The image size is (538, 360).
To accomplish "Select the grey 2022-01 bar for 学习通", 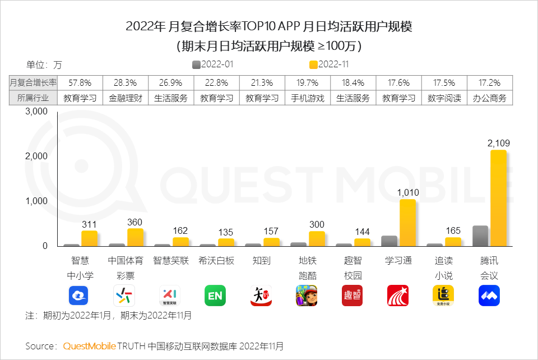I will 389,241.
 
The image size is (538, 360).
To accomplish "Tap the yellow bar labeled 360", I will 135,237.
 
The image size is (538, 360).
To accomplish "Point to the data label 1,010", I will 407,193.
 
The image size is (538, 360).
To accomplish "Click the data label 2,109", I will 498,144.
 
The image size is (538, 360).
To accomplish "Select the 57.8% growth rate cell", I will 80,82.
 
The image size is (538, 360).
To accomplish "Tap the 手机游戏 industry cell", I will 308,98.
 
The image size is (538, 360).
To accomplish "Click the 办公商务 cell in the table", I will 489,98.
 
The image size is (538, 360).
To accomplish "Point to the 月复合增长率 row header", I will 34,82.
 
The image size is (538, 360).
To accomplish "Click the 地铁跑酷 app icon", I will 307,296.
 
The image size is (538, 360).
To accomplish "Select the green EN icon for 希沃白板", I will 215,296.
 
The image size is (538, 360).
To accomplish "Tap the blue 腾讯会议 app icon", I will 489,296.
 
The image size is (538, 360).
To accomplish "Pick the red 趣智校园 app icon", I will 352,296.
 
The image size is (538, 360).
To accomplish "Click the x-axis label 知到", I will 261,261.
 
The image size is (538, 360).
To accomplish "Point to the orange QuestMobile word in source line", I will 89,345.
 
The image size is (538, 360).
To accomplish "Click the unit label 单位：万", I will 44,65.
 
